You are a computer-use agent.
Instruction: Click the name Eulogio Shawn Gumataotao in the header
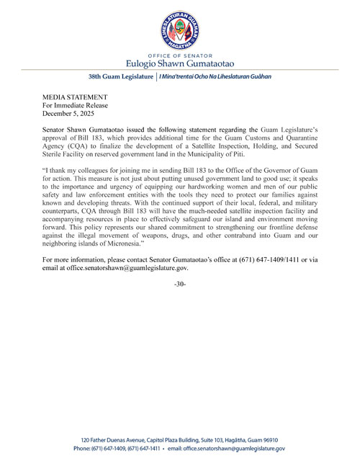(x=180, y=63)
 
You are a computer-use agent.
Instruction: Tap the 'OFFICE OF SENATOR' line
(x=180, y=55)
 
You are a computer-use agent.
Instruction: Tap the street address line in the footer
(x=180, y=439)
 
